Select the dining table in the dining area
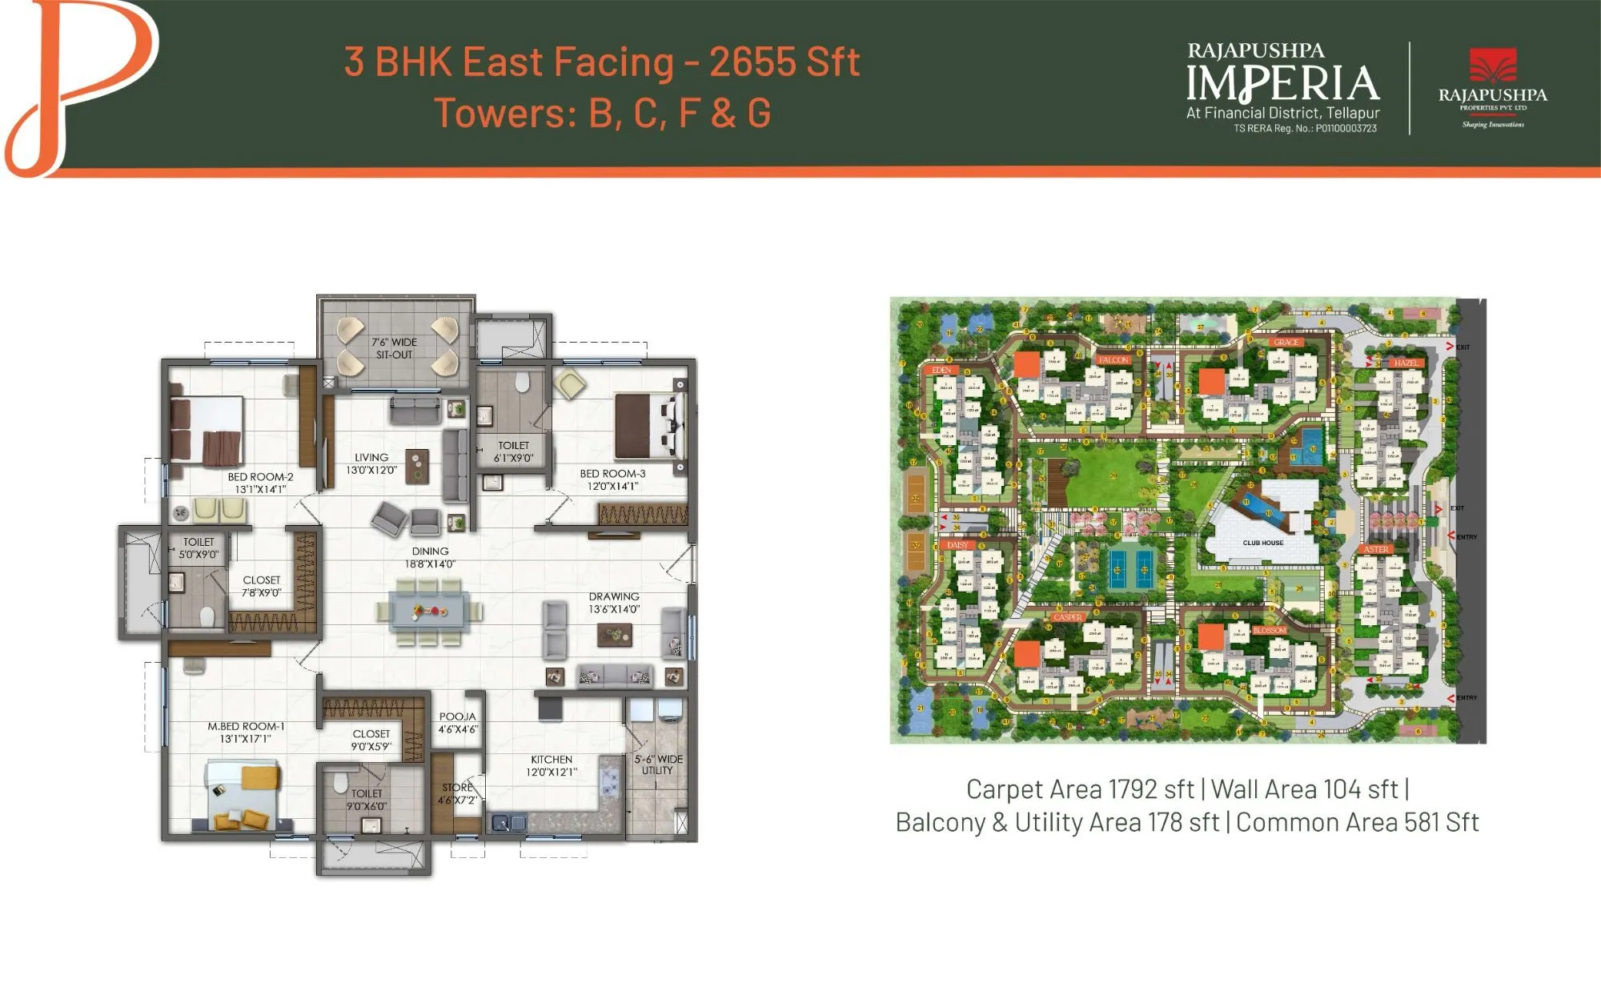click(x=431, y=612)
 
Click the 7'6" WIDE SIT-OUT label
click(x=394, y=348)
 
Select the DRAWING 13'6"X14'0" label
click(x=614, y=603)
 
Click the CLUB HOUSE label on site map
click(x=1262, y=543)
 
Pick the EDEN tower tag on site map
click(x=941, y=371)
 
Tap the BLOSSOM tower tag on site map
click(x=1270, y=631)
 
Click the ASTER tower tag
click(x=1376, y=550)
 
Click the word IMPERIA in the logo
click(x=1282, y=84)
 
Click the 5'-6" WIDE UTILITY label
click(x=658, y=764)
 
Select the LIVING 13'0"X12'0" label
click(x=371, y=463)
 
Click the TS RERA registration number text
click(x=1305, y=128)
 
